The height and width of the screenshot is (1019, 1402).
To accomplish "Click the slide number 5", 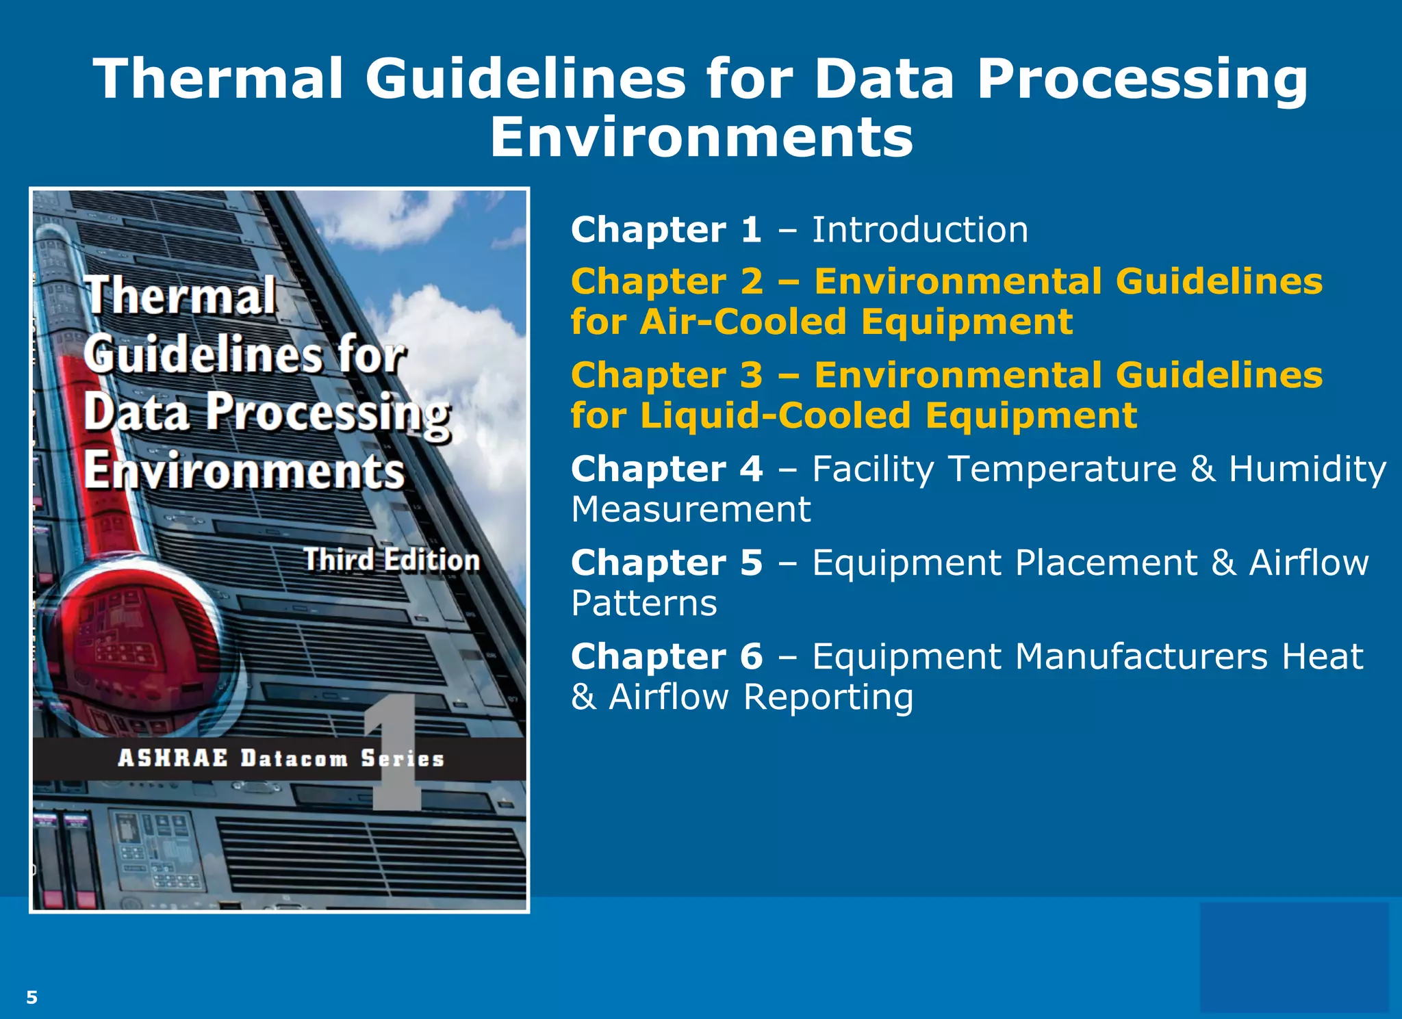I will (x=32, y=997).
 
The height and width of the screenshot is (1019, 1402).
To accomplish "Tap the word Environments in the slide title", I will (x=701, y=138).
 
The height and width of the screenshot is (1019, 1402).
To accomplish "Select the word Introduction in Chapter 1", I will (x=919, y=230).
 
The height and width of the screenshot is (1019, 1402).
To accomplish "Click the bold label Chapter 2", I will (x=667, y=282).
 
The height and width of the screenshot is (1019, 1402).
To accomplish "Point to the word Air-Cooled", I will (x=743, y=322).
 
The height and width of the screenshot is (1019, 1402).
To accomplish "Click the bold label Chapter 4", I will (x=667, y=469).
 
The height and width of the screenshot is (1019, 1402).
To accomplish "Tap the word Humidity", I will (x=1307, y=469).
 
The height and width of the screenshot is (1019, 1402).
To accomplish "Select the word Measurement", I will (x=691, y=510).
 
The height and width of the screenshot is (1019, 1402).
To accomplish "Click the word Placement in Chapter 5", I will (x=1106, y=563).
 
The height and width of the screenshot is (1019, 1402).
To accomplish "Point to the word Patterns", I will (x=644, y=604).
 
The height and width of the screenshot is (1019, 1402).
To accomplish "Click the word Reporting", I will (x=828, y=697).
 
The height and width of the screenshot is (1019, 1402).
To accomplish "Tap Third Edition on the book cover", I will (x=392, y=560).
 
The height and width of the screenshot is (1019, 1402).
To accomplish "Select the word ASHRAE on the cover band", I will (x=173, y=758).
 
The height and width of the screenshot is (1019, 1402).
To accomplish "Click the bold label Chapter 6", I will (x=667, y=657).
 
